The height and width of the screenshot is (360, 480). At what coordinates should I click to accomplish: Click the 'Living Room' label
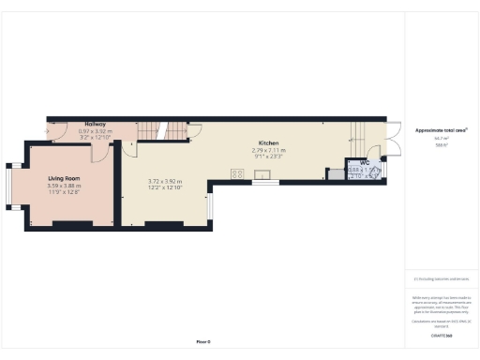(65, 178)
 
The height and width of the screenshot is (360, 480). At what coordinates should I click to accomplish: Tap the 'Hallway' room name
(95, 124)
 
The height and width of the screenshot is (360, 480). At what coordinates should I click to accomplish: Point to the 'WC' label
(364, 163)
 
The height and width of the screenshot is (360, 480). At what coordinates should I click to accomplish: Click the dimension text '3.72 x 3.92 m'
(165, 181)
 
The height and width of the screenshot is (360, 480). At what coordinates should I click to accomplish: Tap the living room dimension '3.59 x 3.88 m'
(65, 186)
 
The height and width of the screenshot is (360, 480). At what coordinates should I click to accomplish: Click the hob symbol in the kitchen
(236, 173)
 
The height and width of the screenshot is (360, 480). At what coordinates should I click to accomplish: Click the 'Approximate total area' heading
(441, 129)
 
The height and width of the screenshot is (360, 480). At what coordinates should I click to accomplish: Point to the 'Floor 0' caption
(203, 341)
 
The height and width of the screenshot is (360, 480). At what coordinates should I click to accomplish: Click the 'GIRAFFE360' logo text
(441, 335)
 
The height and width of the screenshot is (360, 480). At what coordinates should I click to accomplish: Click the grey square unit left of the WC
(333, 173)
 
